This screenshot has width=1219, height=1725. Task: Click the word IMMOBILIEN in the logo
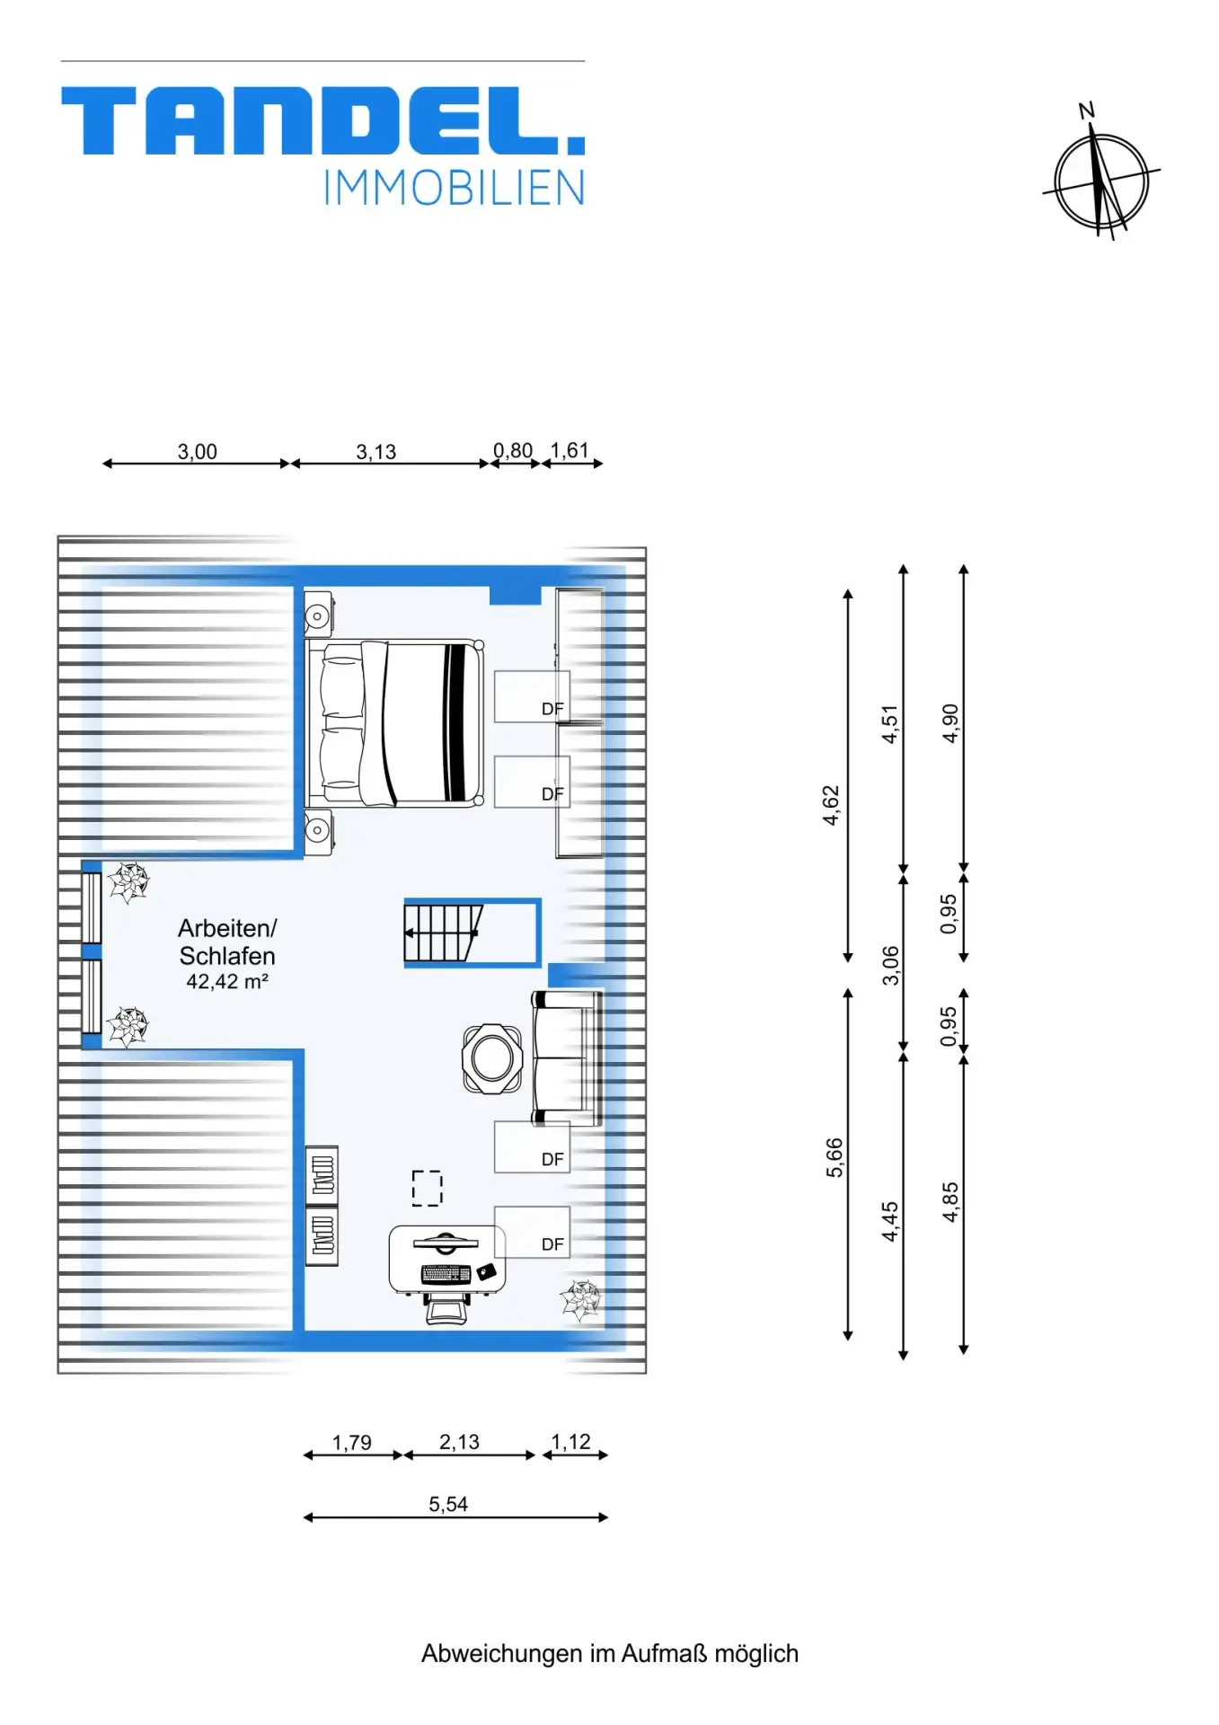pyautogui.click(x=454, y=188)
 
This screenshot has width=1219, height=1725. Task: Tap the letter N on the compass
pyautogui.click(x=1086, y=111)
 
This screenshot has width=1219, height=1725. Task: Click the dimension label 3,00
pyautogui.click(x=197, y=452)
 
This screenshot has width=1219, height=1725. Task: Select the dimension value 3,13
pyautogui.click(x=375, y=452)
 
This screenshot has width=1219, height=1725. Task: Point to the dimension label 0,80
pyautogui.click(x=513, y=450)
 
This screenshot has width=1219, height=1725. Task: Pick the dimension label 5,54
pyautogui.click(x=448, y=1504)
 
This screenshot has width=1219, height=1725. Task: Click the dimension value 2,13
pyautogui.click(x=459, y=1442)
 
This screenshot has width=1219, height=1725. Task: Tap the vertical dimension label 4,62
pyautogui.click(x=831, y=805)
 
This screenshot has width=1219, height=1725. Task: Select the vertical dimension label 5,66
pyautogui.click(x=835, y=1157)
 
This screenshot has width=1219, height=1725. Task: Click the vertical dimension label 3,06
pyautogui.click(x=890, y=965)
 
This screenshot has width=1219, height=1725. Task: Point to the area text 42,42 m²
pyautogui.click(x=227, y=981)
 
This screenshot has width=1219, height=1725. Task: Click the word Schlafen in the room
pyautogui.click(x=227, y=956)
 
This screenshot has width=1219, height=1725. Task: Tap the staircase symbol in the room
pyautogui.click(x=444, y=933)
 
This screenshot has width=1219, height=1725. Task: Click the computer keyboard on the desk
pyautogui.click(x=446, y=1273)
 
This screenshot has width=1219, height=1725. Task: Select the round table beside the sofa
pyautogui.click(x=492, y=1057)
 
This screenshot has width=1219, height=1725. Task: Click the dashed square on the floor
pyautogui.click(x=428, y=1188)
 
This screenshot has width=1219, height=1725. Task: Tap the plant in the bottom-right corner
pyautogui.click(x=580, y=1299)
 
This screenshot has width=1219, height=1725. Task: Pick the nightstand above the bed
pyautogui.click(x=318, y=615)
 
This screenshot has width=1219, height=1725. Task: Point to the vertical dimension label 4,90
pyautogui.click(x=950, y=723)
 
